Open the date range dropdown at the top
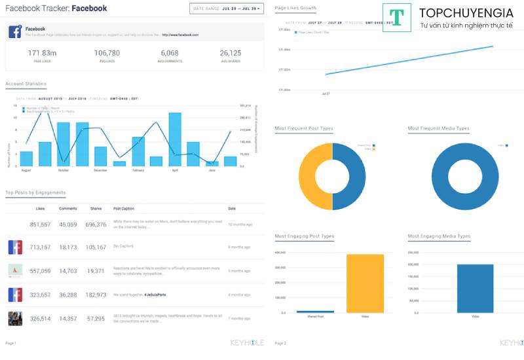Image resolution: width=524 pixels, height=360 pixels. pos(227,9)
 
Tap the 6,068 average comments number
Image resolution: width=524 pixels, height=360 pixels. pos(169,53)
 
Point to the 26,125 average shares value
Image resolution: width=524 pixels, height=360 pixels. pos(231,53)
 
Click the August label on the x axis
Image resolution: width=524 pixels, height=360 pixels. pos(26,170)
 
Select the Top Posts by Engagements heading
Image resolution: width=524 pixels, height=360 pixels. pos(35,192)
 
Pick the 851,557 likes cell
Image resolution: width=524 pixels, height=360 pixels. pos(40,225)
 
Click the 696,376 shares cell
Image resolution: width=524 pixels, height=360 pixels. pos(96,225)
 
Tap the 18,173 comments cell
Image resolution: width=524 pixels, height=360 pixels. pos(67,247)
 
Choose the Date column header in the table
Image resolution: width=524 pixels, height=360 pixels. pos(232,209)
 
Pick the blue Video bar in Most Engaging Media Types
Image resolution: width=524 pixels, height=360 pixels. pos(475,288)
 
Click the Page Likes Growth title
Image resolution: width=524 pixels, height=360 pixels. pos(295,8)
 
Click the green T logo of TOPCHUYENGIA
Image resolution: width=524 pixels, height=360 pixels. pos(396,18)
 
